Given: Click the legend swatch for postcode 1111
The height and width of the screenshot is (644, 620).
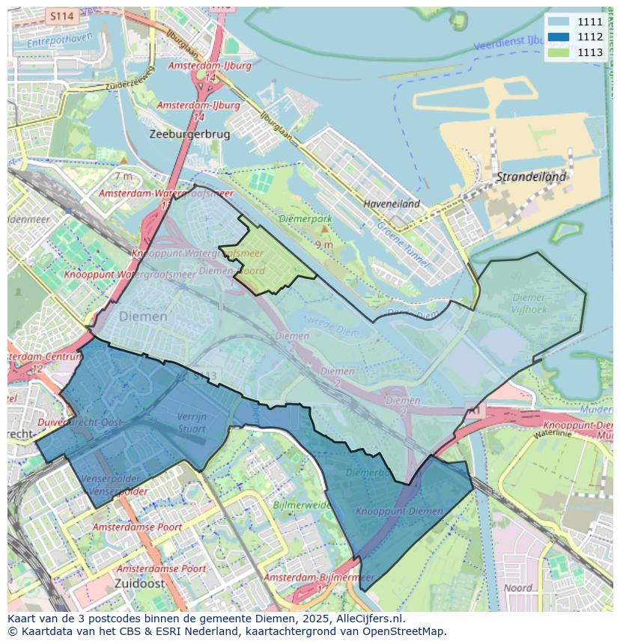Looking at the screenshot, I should (559, 22).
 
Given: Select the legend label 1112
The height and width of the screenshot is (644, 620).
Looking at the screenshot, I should (590, 37).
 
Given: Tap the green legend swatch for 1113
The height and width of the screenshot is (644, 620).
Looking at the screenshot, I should (559, 52).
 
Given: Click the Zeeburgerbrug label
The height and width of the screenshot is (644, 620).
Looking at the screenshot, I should (189, 134).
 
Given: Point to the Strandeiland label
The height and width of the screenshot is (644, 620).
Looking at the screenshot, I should (531, 177).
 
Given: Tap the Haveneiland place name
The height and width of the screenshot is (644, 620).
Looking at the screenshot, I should (391, 203).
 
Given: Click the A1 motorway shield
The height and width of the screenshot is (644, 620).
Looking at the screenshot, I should (474, 411).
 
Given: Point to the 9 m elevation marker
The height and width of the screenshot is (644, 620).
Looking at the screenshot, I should (323, 245).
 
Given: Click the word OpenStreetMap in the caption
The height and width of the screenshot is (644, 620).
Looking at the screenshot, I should (401, 631).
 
